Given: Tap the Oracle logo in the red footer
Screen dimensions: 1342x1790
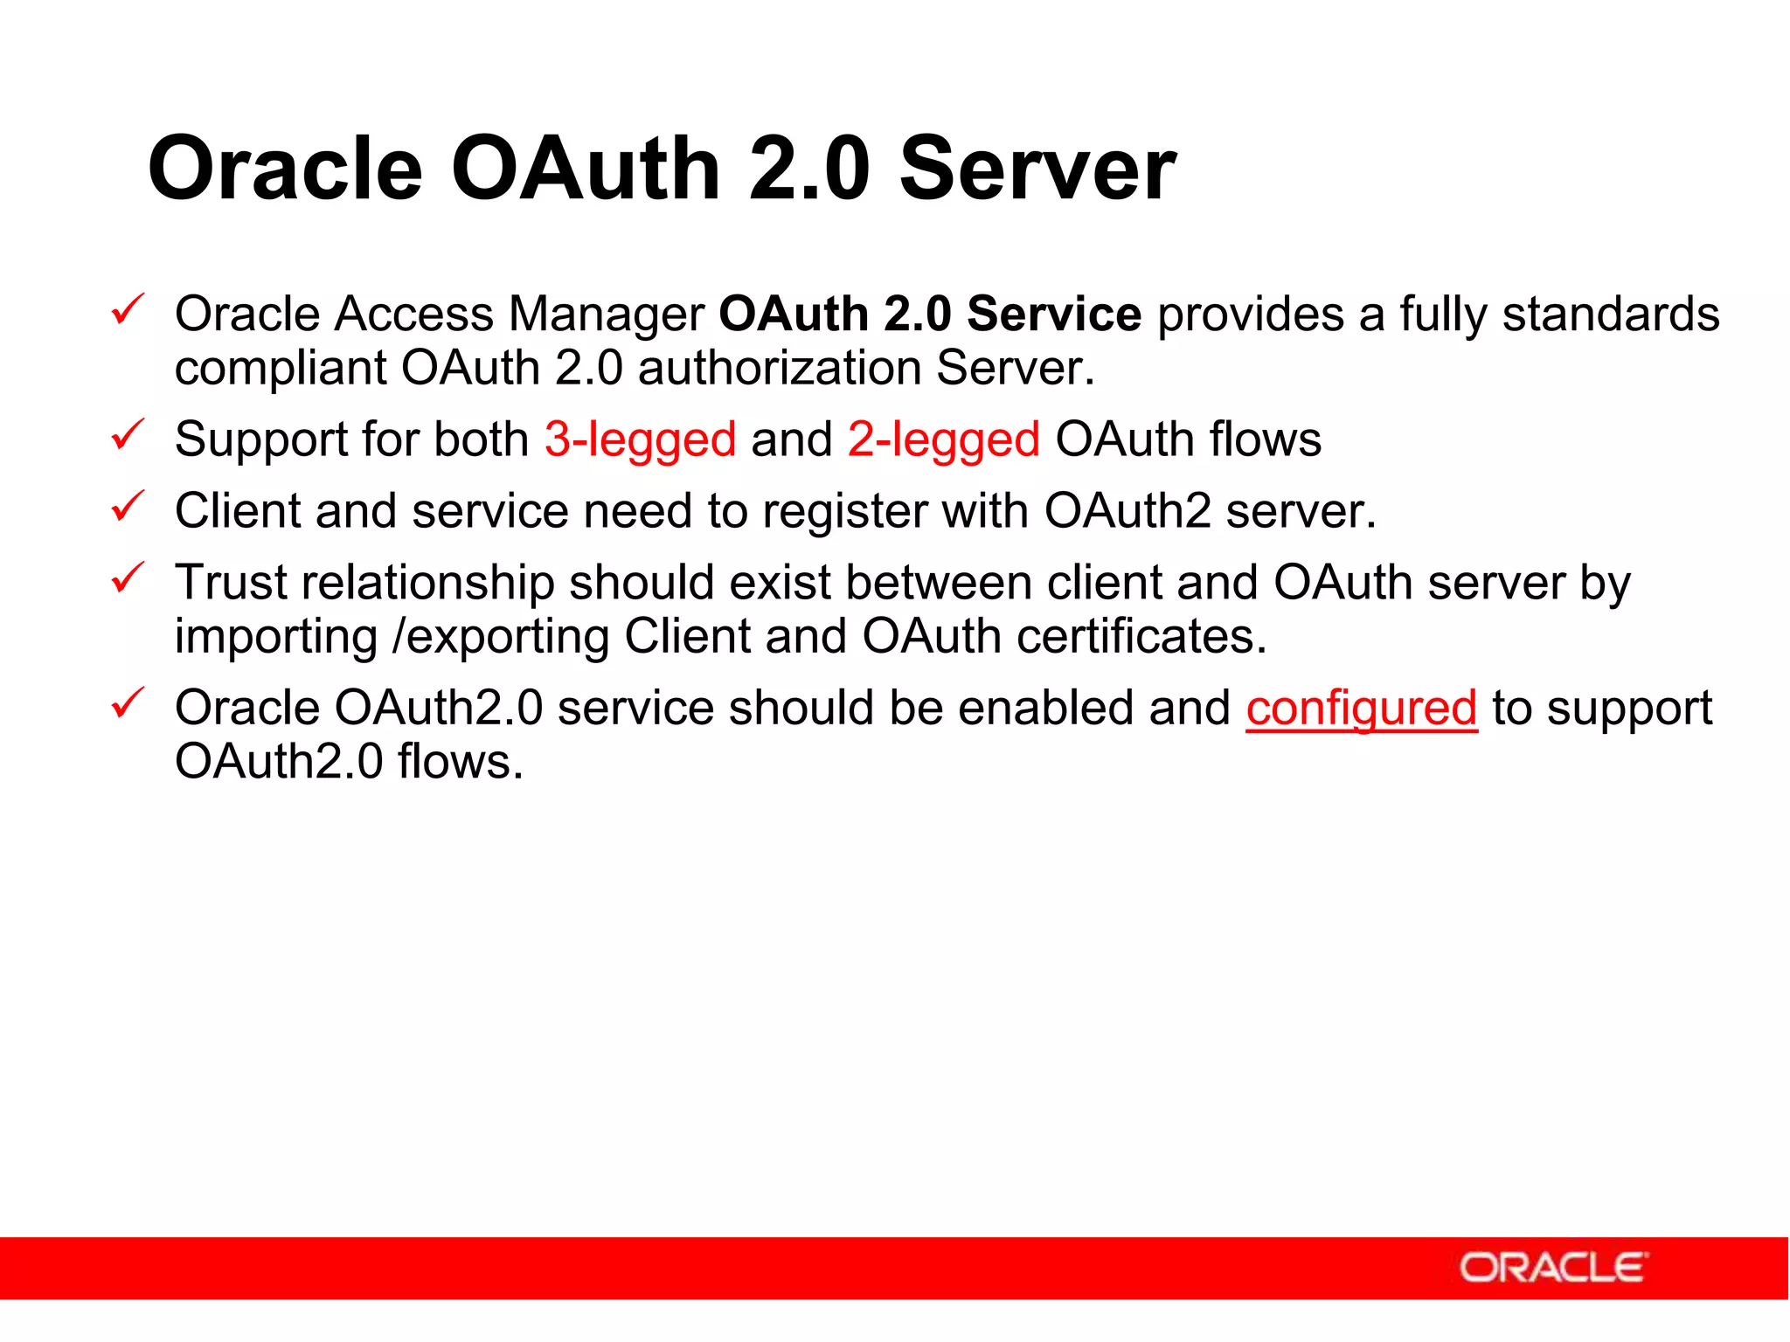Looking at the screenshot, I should [1553, 1268].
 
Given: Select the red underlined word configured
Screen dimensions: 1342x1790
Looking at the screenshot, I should [1361, 709].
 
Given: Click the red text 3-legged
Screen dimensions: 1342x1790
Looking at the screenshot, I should [640, 439].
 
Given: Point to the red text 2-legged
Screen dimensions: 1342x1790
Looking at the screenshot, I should [943, 439].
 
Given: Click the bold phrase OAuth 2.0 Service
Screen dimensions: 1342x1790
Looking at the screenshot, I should [929, 315].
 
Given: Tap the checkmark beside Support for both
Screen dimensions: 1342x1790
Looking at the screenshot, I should [128, 434].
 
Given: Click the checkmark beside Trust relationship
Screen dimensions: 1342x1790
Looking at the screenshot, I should [128, 578].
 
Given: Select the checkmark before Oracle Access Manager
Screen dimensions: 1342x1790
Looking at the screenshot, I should [128, 309].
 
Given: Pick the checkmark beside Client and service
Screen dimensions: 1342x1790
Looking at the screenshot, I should [128, 506].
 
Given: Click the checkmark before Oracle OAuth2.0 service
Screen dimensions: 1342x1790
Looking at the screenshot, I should [128, 702].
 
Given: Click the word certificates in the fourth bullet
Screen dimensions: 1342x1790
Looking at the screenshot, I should [1141, 636].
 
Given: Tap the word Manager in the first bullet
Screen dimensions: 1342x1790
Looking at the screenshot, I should [607, 315].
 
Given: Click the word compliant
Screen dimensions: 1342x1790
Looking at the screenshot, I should [280, 369].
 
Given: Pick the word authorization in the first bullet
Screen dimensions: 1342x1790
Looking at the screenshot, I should [780, 369].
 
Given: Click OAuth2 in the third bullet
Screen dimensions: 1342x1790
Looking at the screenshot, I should [1127, 511].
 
